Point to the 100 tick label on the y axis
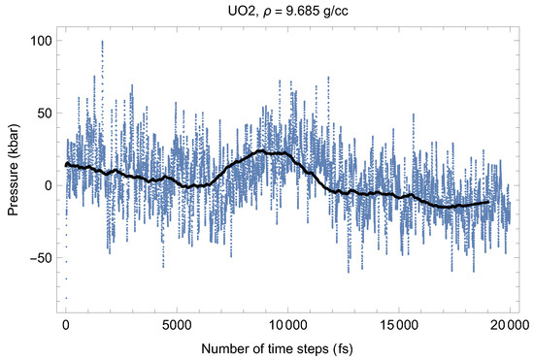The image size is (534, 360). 40,41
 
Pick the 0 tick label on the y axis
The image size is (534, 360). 48,184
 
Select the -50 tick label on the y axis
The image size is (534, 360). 41,257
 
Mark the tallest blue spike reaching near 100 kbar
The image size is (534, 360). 101,43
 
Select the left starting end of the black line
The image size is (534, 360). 66,165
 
